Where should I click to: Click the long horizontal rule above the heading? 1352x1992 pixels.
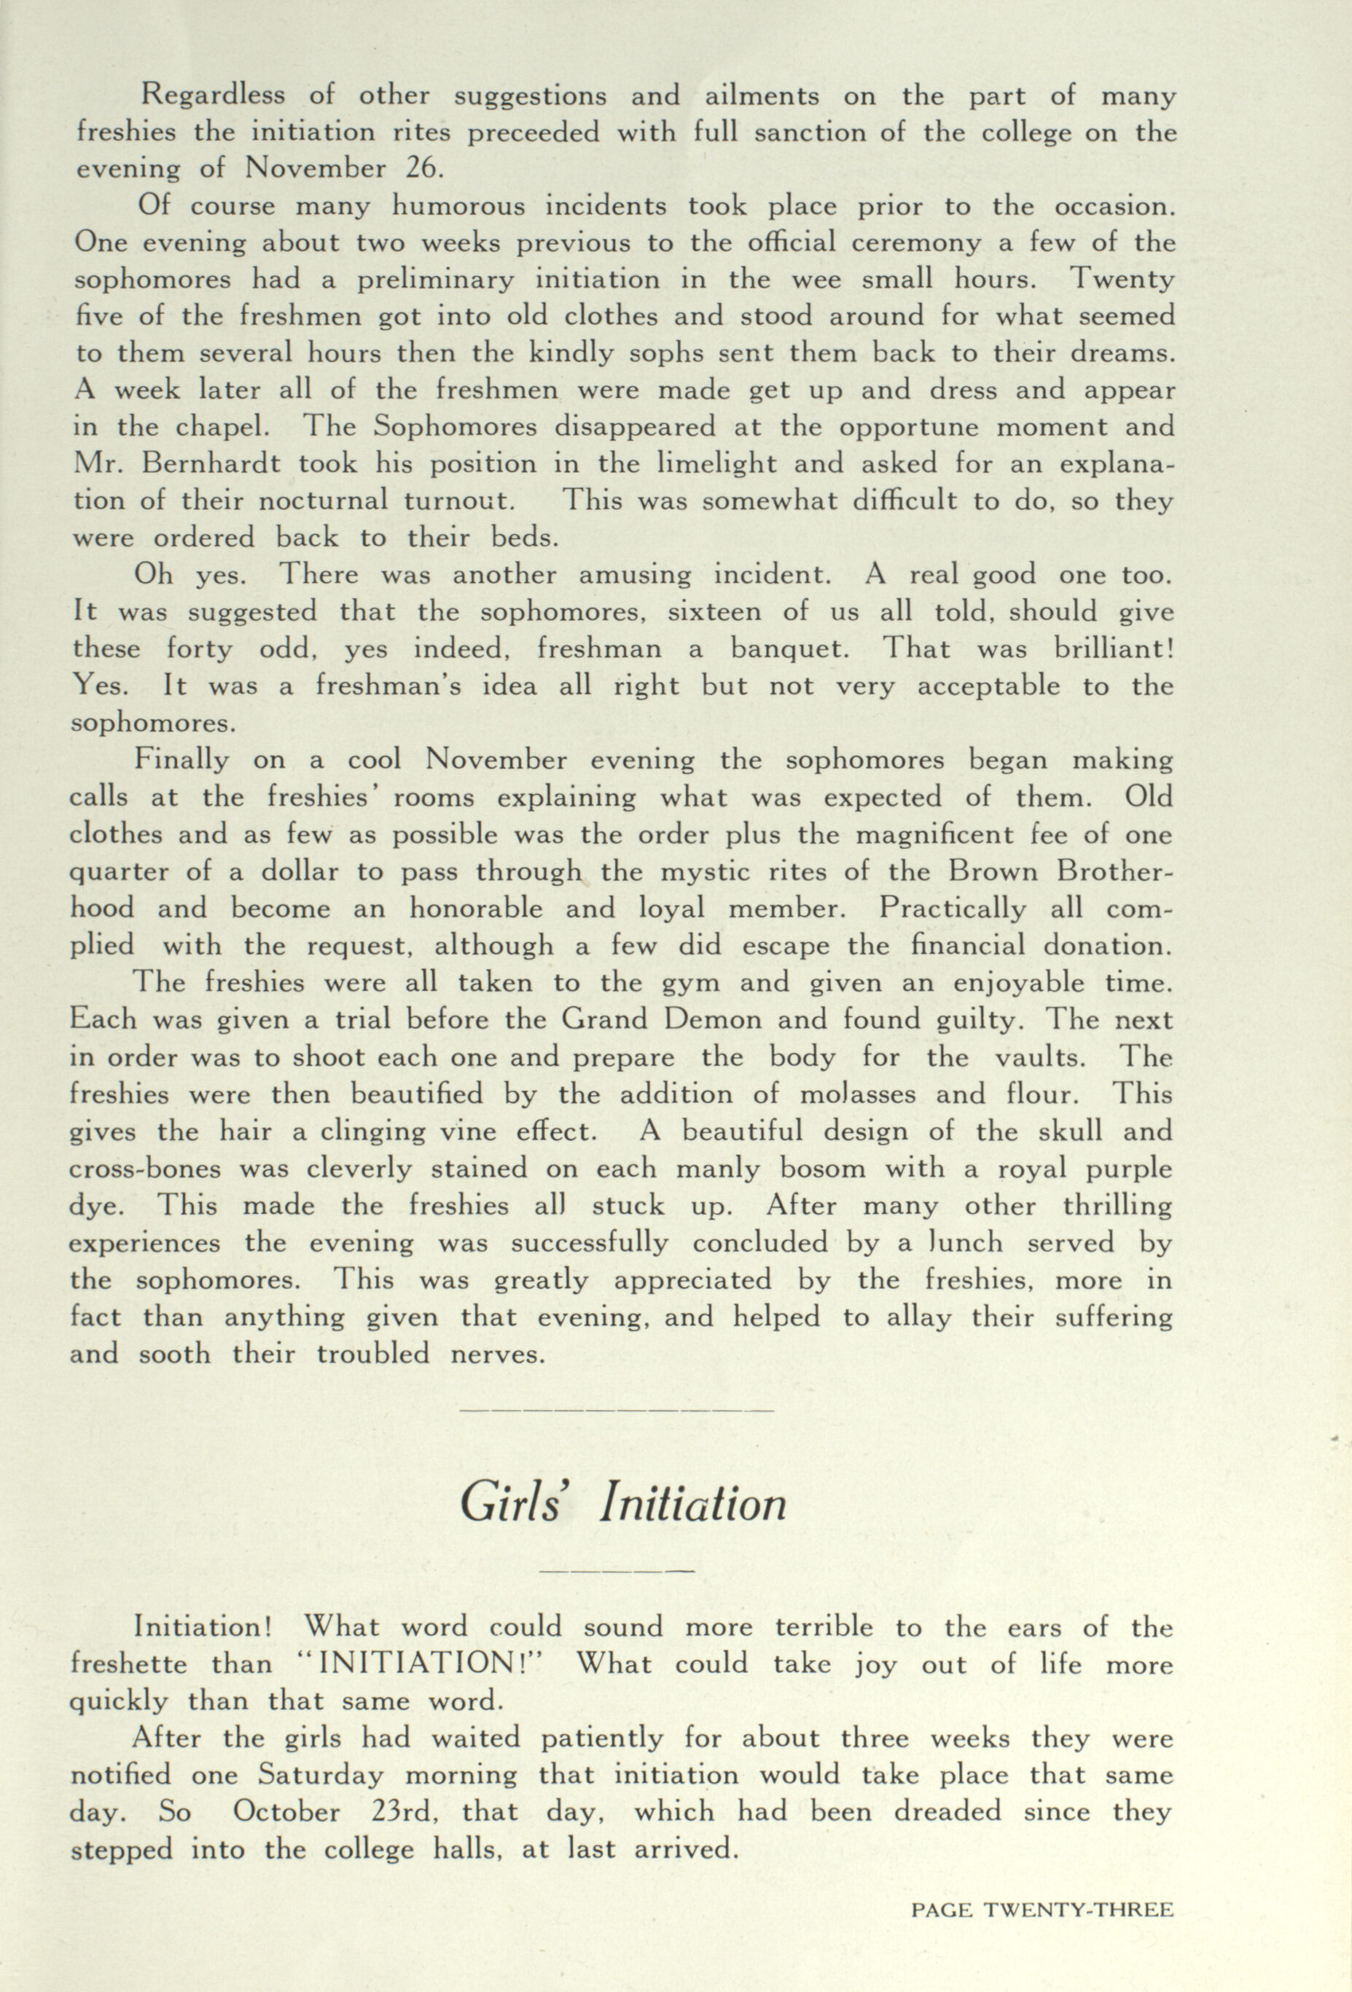[617, 1410]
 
